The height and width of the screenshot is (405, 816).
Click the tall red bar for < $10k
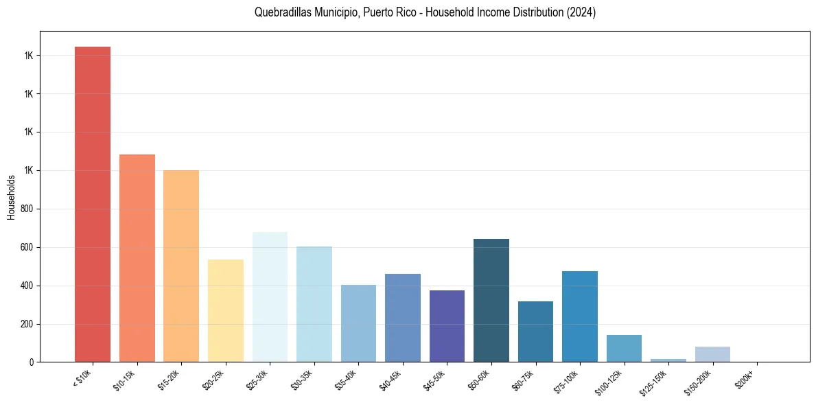[x=93, y=204]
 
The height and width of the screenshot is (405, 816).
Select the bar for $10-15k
[x=137, y=258]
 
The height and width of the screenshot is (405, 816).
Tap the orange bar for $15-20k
[x=181, y=266]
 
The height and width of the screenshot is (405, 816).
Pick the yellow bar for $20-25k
[x=226, y=310]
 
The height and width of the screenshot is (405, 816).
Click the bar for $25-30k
[x=270, y=297]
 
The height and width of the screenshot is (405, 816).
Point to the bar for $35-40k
[x=358, y=323]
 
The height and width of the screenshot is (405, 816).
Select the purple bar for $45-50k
[x=447, y=326]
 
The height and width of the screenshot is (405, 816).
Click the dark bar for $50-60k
[x=491, y=300]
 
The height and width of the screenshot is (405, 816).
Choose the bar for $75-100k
[x=580, y=316]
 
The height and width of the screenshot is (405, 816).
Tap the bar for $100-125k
[x=624, y=348]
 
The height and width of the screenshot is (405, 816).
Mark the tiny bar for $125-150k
[x=668, y=360]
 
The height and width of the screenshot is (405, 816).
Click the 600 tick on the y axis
[x=27, y=247]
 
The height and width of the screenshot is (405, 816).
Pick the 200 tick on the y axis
[x=27, y=324]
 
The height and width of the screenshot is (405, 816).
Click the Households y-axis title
[x=11, y=197]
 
